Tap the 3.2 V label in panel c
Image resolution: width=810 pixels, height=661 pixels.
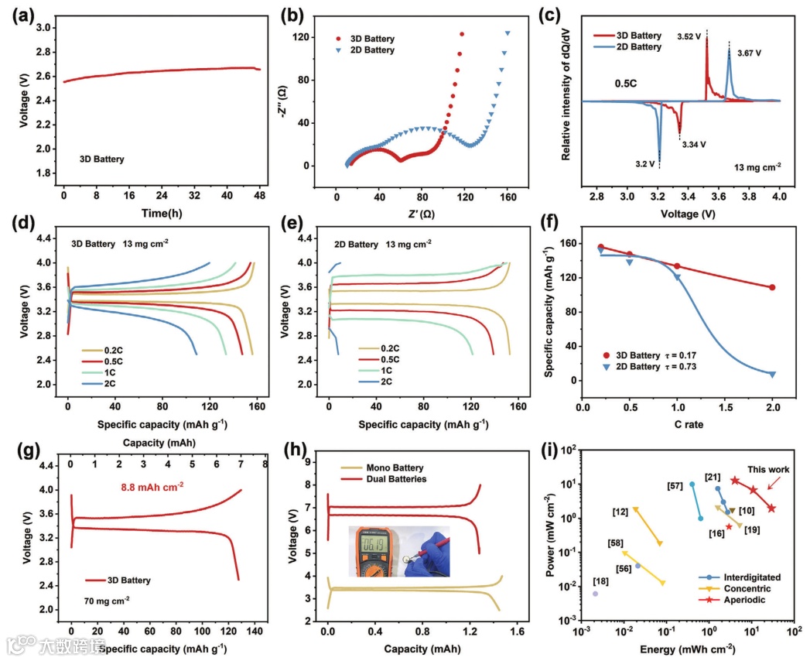pyautogui.click(x=645, y=164)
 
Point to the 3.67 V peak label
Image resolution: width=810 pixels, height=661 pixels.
pyautogui.click(x=748, y=53)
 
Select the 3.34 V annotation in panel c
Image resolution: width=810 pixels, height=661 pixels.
pyautogui.click(x=693, y=144)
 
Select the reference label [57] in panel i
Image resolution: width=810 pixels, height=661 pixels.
pyautogui.click(x=675, y=485)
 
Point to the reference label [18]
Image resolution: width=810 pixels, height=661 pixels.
pyautogui.click(x=600, y=581)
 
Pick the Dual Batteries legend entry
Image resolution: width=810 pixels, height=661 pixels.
pyautogui.click(x=378, y=479)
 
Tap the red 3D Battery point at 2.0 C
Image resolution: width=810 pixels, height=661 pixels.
pyautogui.click(x=772, y=287)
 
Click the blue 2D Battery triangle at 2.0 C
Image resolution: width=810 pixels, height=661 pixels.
pyautogui.click(x=772, y=375)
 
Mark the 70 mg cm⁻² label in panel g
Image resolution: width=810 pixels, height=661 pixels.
pyautogui.click(x=106, y=599)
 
